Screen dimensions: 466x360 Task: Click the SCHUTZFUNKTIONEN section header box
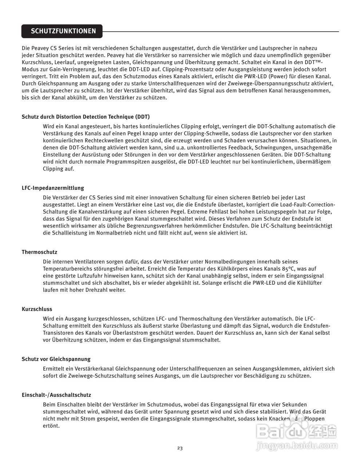(62, 31)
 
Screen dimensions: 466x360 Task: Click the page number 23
(180, 448)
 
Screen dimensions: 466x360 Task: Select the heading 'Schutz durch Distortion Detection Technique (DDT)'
(86, 117)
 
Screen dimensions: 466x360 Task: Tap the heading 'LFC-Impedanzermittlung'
(53, 188)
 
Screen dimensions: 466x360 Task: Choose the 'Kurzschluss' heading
(37, 309)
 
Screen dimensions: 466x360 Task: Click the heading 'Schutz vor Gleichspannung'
(56, 359)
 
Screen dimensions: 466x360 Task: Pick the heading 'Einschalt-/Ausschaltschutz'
(56, 395)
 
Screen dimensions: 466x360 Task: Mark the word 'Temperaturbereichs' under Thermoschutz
(67, 269)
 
